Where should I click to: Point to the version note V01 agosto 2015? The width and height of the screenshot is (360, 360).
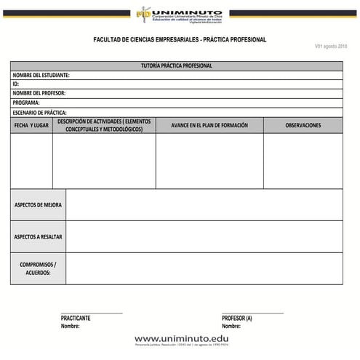330,47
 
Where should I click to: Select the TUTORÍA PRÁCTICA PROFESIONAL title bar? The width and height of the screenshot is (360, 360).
177,65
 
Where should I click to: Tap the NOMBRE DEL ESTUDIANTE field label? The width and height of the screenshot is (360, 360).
41,75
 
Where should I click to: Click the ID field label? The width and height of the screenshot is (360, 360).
16,84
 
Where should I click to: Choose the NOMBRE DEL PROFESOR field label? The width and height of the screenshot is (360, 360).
39,93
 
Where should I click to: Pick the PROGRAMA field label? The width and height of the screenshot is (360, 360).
26,103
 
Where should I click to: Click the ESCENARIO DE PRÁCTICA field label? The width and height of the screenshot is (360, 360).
40,113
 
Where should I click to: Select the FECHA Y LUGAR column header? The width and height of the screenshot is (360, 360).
31,125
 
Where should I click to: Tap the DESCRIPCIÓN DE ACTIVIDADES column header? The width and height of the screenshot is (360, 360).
104,125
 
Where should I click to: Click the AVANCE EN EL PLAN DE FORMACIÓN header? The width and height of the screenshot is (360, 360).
209,125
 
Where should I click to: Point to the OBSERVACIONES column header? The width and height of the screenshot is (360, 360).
303,125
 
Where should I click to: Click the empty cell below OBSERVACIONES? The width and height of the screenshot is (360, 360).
303,161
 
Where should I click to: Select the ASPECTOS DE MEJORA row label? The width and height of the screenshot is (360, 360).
38,205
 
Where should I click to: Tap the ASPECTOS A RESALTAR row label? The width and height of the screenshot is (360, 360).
38,236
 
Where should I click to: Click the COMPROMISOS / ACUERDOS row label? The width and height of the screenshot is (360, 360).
38,268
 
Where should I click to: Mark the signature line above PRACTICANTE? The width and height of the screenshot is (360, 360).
92,313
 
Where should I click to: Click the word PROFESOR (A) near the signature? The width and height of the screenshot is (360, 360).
237,319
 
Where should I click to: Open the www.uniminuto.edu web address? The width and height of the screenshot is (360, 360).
181,339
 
